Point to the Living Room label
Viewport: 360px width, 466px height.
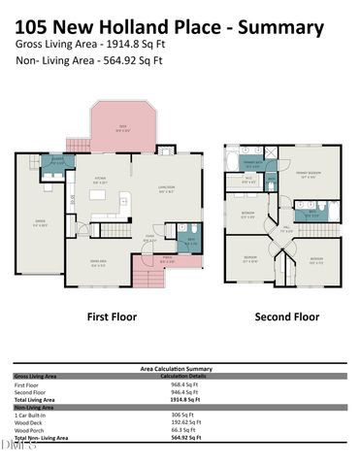pyautogui.click(x=166, y=189)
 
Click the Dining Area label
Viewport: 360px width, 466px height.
pyautogui.click(x=97, y=263)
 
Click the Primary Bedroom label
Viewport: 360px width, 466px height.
pyautogui.click(x=310, y=174)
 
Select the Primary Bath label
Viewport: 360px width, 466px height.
pyautogui.click(x=253, y=163)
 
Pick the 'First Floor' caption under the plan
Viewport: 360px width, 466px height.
pyautogui.click(x=112, y=316)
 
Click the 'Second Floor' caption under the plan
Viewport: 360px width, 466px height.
pyautogui.click(x=286, y=316)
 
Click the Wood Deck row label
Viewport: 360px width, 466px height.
pyautogui.click(x=31, y=424)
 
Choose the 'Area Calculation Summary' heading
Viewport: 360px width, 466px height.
pyautogui.click(x=177, y=369)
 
